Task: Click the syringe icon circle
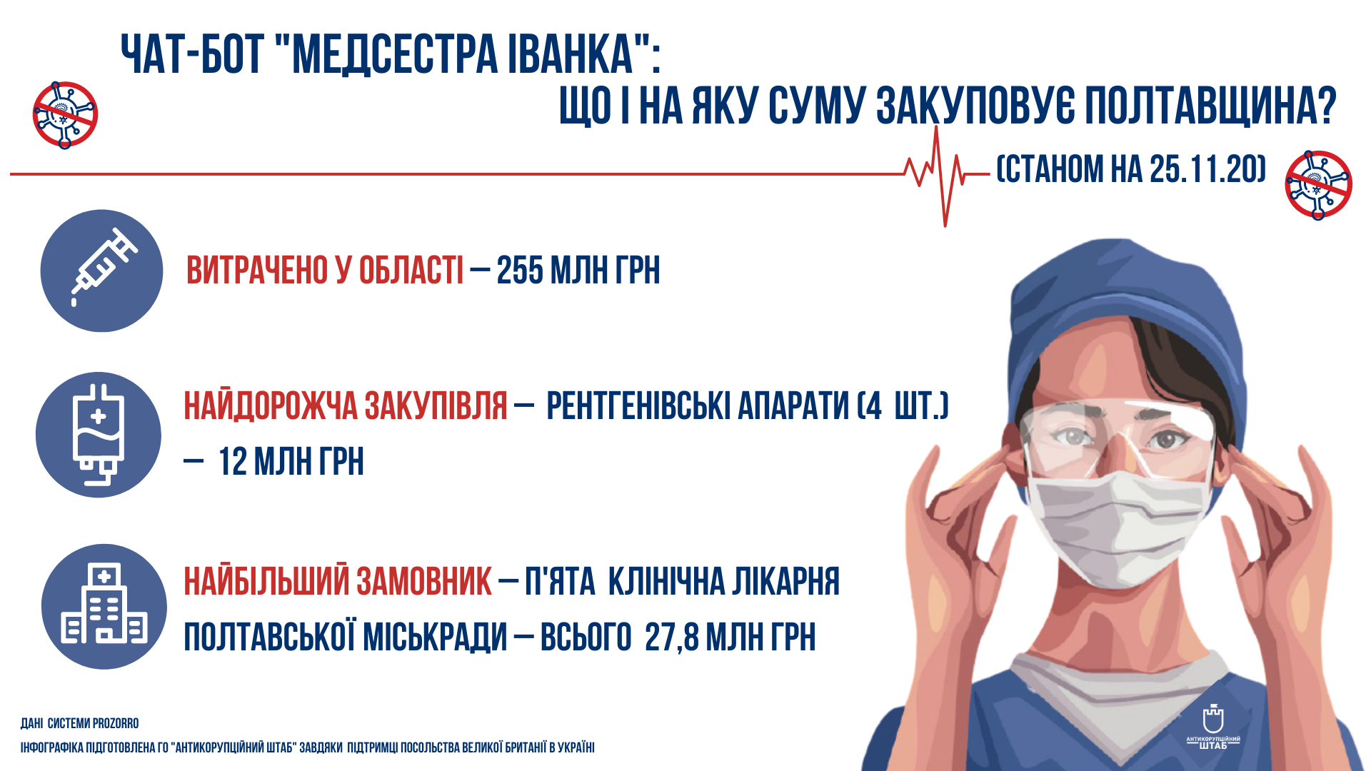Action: pyautogui.click(x=101, y=271)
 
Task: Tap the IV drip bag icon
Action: pyautogui.click(x=99, y=435)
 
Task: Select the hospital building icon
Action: pyautogui.click(x=104, y=607)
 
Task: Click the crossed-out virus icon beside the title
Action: pyautogui.click(x=65, y=114)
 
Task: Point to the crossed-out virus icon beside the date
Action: pyautogui.click(x=1318, y=184)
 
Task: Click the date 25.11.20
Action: pyautogui.click(x=1206, y=169)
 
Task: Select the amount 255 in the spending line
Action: pyautogui.click(x=520, y=271)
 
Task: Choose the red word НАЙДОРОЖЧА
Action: pyautogui.click(x=271, y=405)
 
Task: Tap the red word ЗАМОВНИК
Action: pyautogui.click(x=424, y=581)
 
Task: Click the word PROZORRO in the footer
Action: pyautogui.click(x=115, y=723)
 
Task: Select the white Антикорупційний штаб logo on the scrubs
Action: pyautogui.click(x=1213, y=726)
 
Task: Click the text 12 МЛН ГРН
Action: pyautogui.click(x=291, y=461)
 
